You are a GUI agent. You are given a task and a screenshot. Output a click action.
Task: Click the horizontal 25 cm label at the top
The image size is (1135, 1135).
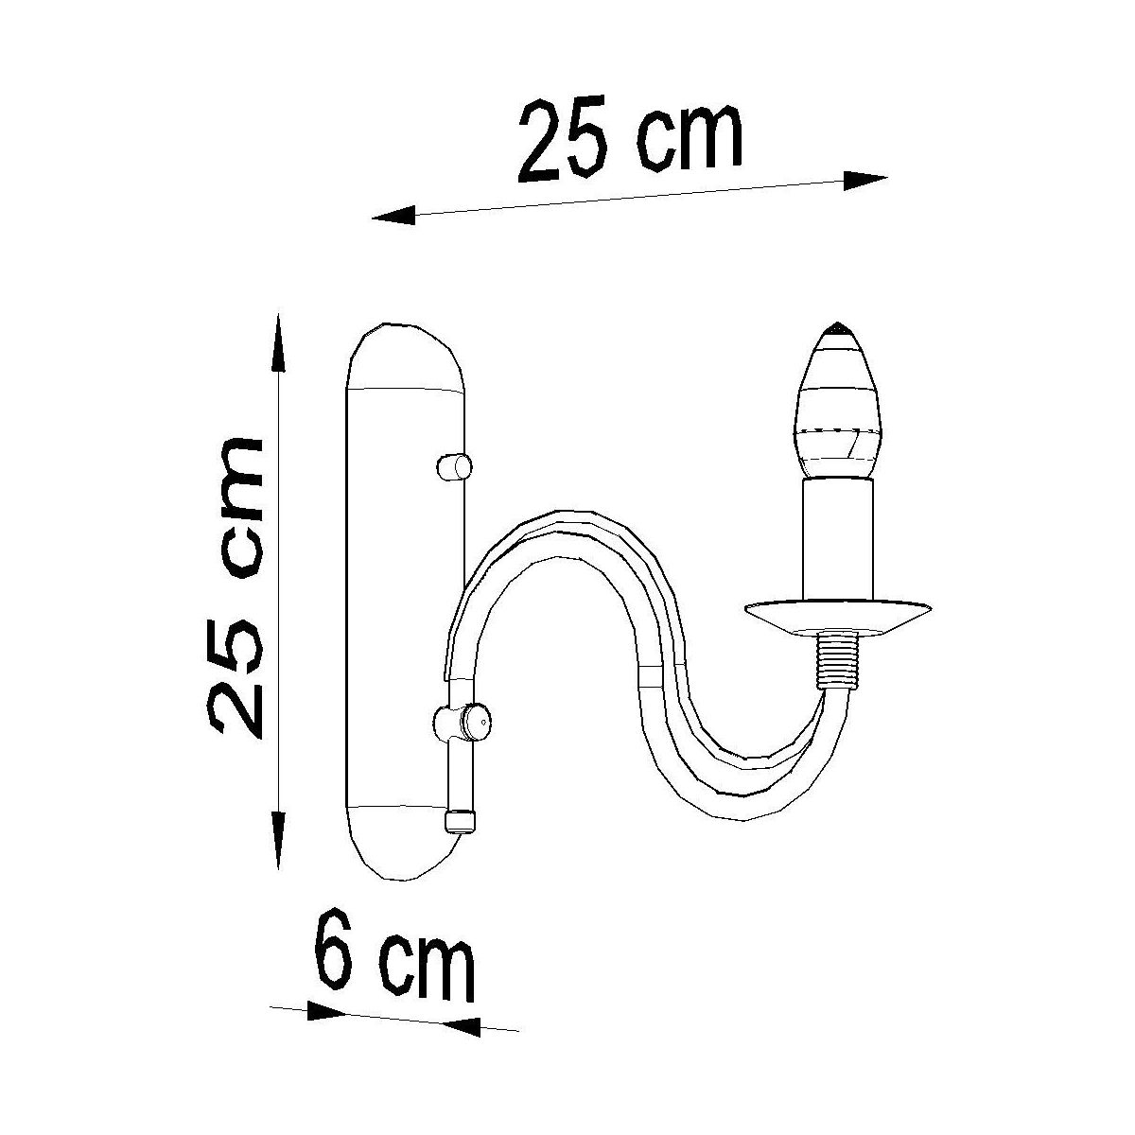(x=629, y=141)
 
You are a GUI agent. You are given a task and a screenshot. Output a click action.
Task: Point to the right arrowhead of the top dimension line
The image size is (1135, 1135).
(x=864, y=181)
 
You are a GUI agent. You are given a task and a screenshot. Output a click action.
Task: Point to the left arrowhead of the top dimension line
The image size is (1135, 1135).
(x=393, y=216)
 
